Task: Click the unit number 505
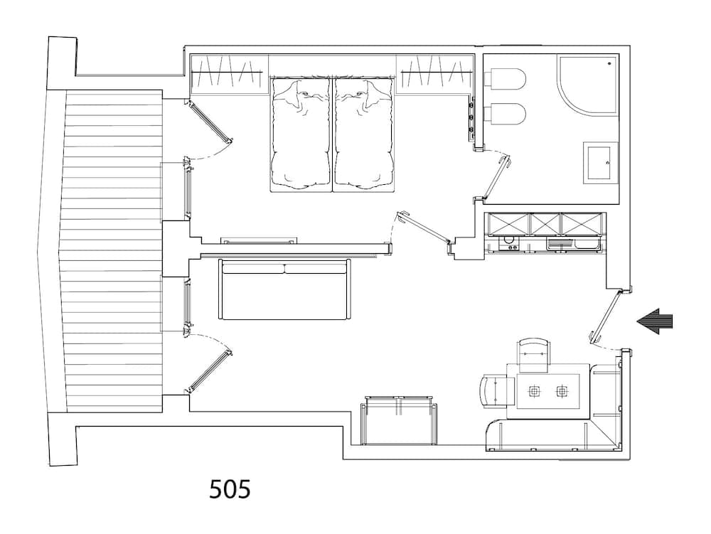click(x=230, y=489)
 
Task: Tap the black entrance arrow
click(x=654, y=321)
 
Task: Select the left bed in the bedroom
click(x=301, y=134)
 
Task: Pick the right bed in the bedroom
click(x=363, y=134)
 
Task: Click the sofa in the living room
click(x=285, y=289)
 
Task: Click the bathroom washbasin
click(x=600, y=162)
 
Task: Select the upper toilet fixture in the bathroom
click(x=506, y=78)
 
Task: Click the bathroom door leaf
click(x=497, y=177)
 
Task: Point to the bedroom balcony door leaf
click(x=210, y=121)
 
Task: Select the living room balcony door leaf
click(x=209, y=370)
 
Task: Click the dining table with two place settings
click(x=547, y=391)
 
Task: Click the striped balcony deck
click(x=114, y=251)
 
